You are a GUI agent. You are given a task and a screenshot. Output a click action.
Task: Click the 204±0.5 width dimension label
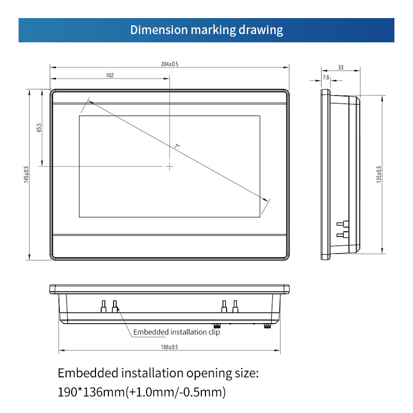point(170,64)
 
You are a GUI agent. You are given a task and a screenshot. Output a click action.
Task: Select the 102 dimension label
point(110,75)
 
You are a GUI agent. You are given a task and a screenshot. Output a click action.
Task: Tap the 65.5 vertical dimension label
point(39,128)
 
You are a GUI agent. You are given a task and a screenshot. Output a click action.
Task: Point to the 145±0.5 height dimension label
point(26,174)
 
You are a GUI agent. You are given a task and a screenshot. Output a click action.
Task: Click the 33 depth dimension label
point(341,68)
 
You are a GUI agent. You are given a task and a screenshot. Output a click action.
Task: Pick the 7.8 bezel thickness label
point(326,77)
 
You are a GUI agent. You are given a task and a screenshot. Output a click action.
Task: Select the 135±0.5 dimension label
point(379,174)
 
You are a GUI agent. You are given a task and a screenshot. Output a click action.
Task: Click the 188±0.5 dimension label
point(169,347)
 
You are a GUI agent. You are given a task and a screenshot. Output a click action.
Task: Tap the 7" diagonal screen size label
point(177,146)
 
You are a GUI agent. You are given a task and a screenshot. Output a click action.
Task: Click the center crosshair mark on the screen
point(170,166)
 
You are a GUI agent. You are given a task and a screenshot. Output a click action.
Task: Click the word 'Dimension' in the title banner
point(159,30)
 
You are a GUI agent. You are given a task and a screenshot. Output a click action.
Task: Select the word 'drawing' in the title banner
point(261,30)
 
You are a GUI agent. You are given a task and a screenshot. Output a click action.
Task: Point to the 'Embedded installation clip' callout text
point(177,332)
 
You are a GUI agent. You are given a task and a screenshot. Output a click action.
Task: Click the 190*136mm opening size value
point(91,392)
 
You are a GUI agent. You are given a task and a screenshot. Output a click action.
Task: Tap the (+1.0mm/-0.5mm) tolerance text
point(176,392)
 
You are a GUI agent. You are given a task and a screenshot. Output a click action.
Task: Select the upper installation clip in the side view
point(343,224)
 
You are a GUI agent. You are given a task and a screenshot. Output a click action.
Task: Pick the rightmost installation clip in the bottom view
point(235,306)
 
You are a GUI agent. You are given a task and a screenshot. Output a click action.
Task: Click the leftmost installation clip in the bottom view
point(104,306)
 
